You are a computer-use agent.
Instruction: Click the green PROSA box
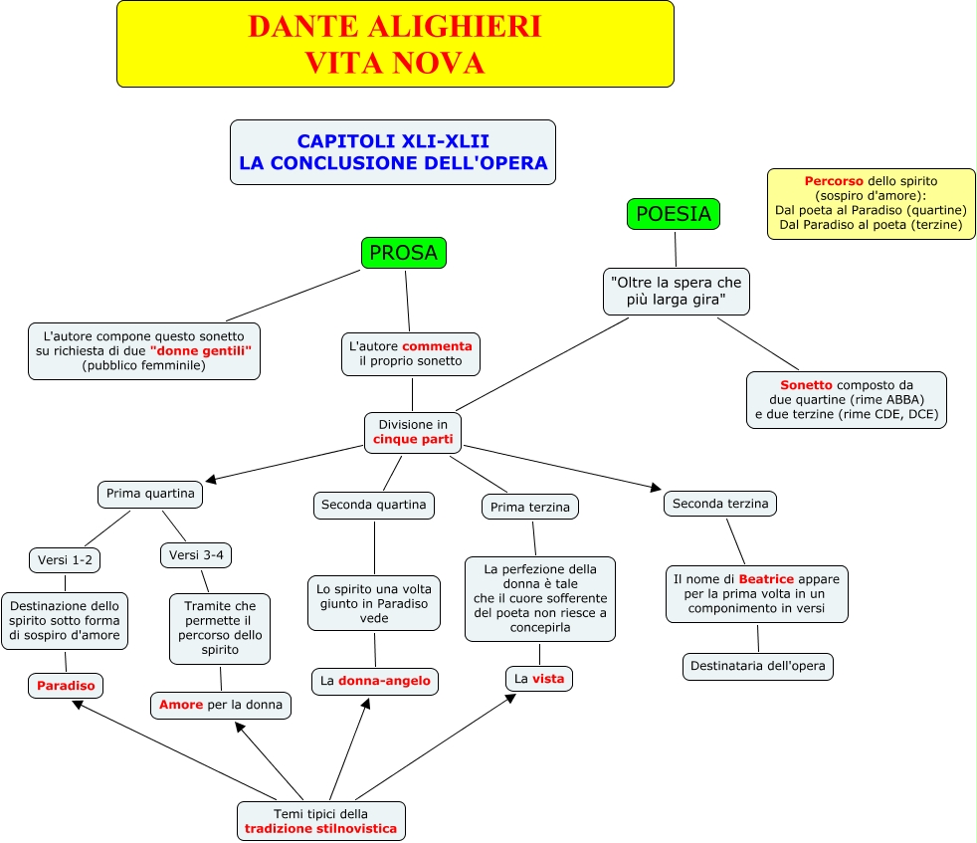pyautogui.click(x=403, y=253)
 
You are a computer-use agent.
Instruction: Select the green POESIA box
pyautogui.click(x=673, y=214)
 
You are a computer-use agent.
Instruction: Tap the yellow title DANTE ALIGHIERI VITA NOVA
pyautogui.click(x=395, y=45)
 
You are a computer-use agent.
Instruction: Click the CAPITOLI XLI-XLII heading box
pyautogui.click(x=393, y=152)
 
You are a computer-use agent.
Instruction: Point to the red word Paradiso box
pyautogui.click(x=66, y=685)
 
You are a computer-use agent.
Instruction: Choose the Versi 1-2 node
pyautogui.click(x=66, y=560)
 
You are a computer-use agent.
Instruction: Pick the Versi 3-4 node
pyautogui.click(x=196, y=554)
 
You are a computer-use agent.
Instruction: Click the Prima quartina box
pyautogui.click(x=150, y=494)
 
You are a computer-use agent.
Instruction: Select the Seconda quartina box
pyautogui.click(x=374, y=505)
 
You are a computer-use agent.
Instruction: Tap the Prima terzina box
pyautogui.click(x=530, y=507)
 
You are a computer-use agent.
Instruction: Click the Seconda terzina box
pyautogui.click(x=720, y=504)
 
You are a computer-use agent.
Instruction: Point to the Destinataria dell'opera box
pyautogui.click(x=758, y=666)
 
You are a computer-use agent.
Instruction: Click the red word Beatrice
pyautogui.click(x=766, y=578)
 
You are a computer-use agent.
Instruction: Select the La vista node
pyautogui.click(x=539, y=679)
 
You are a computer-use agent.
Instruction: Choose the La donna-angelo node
pyautogui.click(x=374, y=681)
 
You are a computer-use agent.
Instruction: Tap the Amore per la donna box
pyautogui.click(x=221, y=705)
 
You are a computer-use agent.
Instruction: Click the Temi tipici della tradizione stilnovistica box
pyautogui.click(x=320, y=821)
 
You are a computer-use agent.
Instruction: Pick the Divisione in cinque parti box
pyautogui.click(x=413, y=432)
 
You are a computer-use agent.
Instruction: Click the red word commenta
pyautogui.click(x=438, y=346)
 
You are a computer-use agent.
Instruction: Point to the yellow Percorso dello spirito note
pyautogui.click(x=871, y=203)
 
